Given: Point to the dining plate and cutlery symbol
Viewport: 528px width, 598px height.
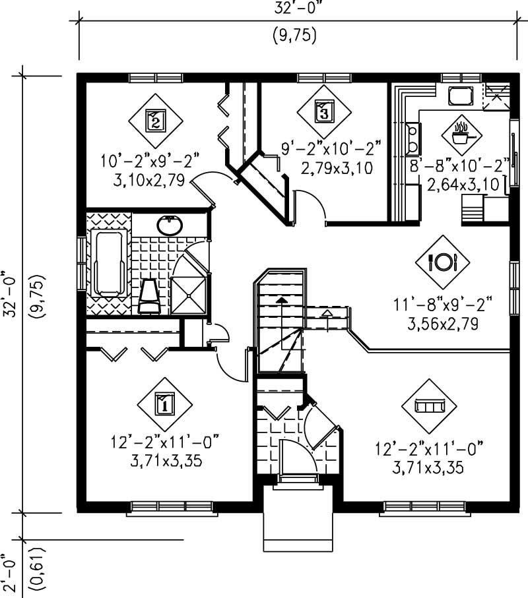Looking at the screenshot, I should (442, 262).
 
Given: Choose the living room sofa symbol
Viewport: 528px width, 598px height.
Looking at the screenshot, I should (430, 404).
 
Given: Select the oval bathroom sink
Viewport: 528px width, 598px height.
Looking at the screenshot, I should (170, 225).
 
